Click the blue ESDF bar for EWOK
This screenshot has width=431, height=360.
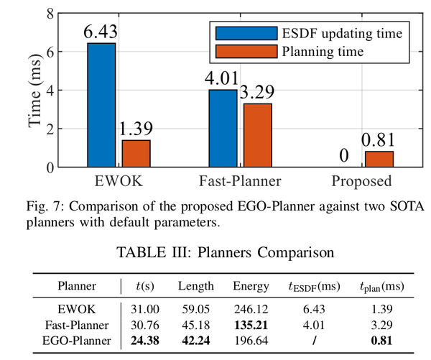coord(101,105)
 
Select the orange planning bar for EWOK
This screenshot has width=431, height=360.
coord(136,154)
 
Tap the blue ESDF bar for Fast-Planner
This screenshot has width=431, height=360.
coord(222,129)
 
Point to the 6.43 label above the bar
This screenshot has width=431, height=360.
coord(101,32)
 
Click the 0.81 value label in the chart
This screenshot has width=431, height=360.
coord(379,140)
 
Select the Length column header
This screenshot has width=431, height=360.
coord(196,286)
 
